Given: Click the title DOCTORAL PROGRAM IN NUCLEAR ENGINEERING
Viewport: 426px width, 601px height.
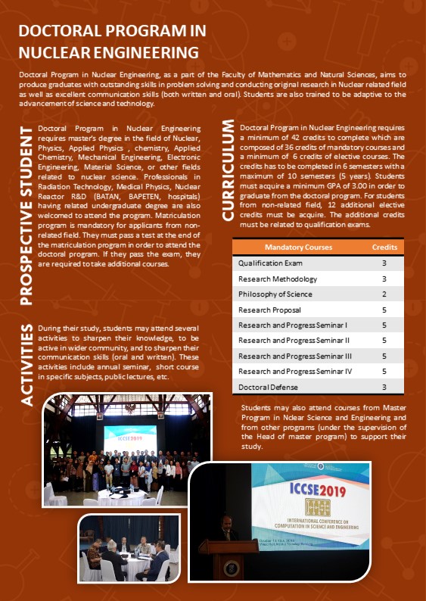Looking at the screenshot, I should (109, 42).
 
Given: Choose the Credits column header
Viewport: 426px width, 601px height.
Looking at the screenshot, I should (384, 248).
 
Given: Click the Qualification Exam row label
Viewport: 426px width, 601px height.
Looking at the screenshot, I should (270, 263).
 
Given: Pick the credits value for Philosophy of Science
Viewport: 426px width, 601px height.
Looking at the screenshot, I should (384, 294).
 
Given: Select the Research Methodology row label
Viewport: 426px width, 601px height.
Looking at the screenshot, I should (275, 279).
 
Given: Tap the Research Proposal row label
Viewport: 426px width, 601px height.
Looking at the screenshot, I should (269, 310).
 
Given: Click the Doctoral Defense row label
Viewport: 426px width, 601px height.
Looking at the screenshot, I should (267, 387).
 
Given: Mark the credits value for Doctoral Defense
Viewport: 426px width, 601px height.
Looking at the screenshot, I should (384, 387).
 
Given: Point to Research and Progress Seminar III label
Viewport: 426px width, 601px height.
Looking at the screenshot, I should (294, 356).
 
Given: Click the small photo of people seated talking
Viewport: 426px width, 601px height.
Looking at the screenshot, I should (129, 547).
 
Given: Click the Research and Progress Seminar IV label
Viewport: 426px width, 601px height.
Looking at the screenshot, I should (294, 371).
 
